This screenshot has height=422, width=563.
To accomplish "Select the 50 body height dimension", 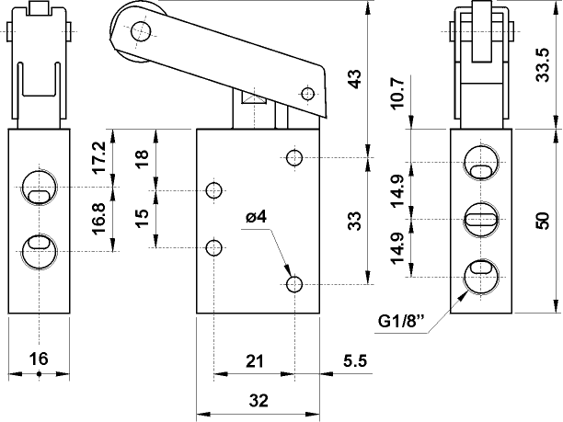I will pos(544,221).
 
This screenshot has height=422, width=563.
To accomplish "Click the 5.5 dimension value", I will pos(354,362).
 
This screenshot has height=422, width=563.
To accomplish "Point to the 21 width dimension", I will pos(253,362).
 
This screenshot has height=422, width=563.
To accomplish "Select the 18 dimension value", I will pos(141,158).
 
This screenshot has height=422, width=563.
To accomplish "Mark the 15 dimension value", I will pos(141,219).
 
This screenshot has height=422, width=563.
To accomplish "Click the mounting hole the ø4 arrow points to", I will pos(294,282).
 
